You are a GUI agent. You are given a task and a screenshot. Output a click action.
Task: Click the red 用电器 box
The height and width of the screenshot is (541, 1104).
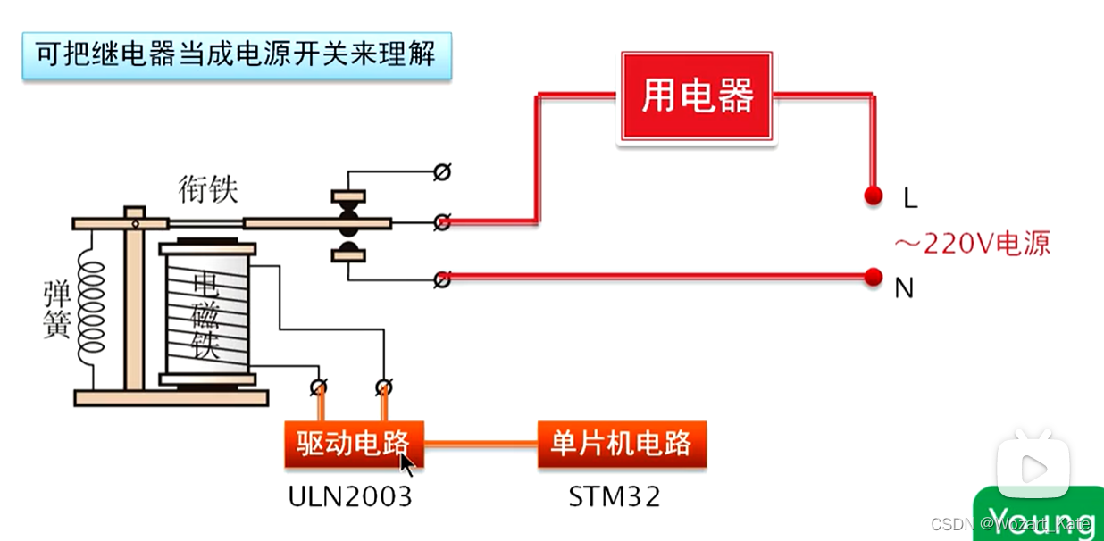[697, 96]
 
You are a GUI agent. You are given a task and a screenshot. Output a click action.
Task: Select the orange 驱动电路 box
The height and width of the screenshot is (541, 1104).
[353, 444]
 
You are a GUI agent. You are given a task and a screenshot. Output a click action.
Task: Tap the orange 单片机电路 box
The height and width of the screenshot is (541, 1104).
[622, 444]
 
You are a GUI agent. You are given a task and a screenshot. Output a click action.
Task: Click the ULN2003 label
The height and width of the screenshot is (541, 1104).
[350, 496]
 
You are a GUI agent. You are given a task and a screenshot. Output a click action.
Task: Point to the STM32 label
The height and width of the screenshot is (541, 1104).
[615, 496]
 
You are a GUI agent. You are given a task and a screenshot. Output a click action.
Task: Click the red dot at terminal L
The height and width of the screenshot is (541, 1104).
[874, 196]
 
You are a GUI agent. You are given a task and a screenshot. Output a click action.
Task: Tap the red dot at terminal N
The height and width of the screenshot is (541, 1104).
[874, 278]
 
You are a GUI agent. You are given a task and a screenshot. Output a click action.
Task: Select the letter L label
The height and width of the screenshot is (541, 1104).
[910, 199]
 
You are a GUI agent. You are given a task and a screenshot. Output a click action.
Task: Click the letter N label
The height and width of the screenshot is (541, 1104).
[904, 289]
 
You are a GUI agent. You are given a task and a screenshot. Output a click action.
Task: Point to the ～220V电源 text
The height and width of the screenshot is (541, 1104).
[972, 243]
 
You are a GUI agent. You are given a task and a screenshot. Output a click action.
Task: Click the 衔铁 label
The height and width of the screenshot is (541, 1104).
[208, 189]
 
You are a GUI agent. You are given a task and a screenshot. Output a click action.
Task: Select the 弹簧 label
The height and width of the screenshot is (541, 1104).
[56, 311]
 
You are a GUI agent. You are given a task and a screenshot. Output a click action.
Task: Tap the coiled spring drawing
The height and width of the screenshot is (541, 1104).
[91, 304]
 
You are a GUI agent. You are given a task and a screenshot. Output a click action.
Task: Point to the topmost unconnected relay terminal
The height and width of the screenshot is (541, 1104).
[440, 171]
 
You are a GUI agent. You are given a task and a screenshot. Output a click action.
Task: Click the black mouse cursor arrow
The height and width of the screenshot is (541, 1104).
[406, 464]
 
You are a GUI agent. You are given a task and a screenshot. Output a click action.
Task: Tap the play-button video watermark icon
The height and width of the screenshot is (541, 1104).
[1033, 467]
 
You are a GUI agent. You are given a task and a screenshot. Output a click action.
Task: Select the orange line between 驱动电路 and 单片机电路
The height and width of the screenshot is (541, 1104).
[480, 444]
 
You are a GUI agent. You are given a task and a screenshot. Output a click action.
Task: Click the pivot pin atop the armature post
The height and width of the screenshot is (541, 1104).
[134, 212]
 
